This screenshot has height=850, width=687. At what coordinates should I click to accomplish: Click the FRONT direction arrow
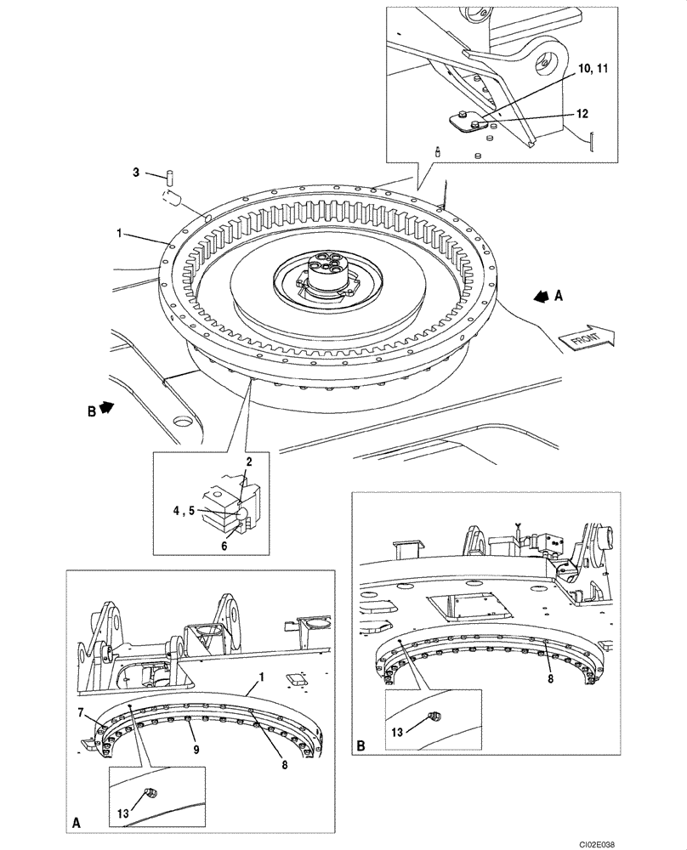coord(585,338)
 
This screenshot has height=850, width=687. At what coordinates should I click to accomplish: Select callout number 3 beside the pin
coord(136,173)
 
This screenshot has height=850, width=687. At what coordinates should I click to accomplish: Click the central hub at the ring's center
coord(324,274)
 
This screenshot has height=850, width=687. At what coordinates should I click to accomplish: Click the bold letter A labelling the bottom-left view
coord(77,824)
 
